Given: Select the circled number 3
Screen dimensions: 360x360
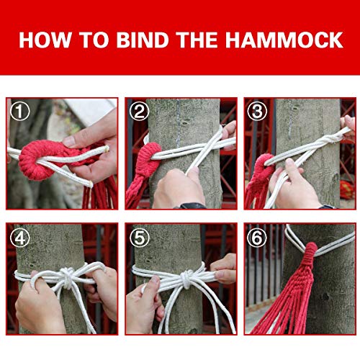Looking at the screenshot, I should pyautogui.click(x=256, y=111).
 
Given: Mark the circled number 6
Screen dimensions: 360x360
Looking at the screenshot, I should pyautogui.click(x=256, y=235).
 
